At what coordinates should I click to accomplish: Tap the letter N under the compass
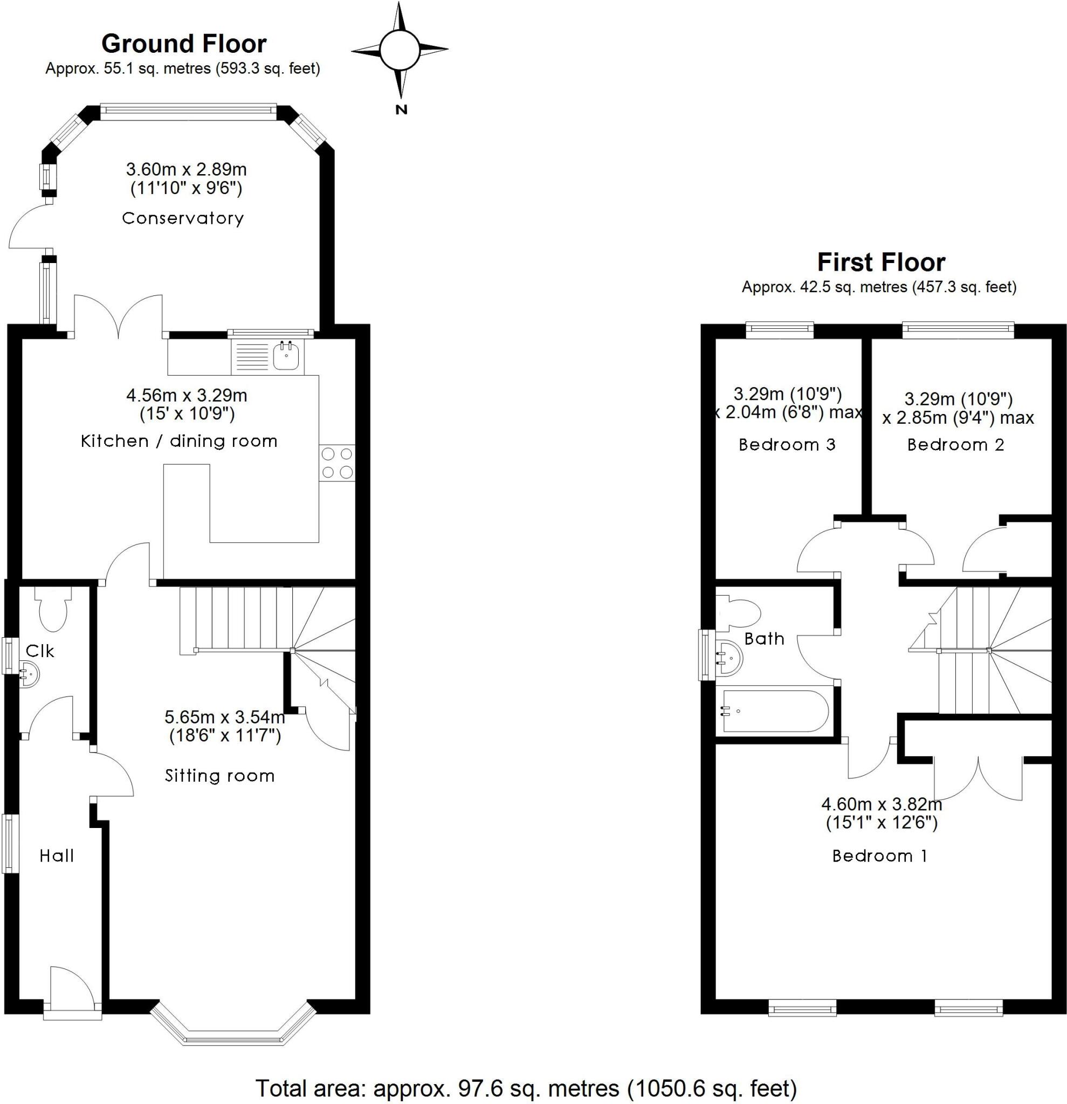401,110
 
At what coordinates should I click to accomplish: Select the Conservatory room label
183,218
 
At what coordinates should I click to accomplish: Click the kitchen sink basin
286,356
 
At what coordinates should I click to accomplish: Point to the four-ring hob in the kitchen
337,463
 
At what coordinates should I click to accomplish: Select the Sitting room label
220,776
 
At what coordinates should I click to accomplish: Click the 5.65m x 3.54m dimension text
224,717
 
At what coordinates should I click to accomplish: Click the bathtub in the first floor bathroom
775,712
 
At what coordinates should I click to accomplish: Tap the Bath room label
764,639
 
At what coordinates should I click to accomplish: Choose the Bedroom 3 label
787,445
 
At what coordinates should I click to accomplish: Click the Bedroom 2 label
955,445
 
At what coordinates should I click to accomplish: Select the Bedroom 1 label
879,856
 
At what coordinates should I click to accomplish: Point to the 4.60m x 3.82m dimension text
882,804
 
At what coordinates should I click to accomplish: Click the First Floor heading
881,263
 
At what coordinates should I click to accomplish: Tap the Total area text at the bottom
526,1088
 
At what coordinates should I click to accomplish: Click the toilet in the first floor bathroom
740,613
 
